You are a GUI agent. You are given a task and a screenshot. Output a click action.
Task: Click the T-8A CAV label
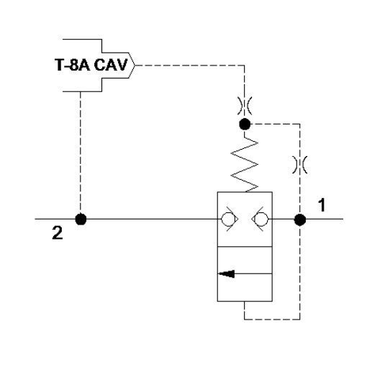click(91, 65)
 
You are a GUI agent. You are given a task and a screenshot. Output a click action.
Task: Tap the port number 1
click(322, 204)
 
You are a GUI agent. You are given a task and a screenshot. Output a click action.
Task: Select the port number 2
click(58, 232)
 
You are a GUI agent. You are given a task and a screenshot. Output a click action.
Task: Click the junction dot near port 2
click(81, 219)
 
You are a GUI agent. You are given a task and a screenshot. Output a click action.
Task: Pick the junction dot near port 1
click(300, 219)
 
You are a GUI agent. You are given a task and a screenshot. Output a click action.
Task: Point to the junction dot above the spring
click(245, 124)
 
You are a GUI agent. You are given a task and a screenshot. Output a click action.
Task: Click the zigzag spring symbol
click(245, 164)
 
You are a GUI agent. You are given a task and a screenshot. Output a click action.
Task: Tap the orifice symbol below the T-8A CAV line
click(245, 106)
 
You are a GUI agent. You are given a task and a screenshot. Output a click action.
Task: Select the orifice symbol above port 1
click(300, 165)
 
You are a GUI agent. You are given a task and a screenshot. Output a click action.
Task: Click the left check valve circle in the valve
click(227, 219)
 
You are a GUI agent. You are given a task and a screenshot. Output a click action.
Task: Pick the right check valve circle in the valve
click(261, 219)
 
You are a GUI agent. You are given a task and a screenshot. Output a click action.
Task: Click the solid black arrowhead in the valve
click(226, 273)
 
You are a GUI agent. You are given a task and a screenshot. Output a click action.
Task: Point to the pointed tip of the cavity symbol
click(135, 65)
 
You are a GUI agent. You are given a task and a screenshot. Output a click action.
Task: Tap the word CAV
click(111, 65)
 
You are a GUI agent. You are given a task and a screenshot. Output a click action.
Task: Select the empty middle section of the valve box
click(245, 260)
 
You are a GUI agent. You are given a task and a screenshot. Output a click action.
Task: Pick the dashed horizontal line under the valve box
click(272, 320)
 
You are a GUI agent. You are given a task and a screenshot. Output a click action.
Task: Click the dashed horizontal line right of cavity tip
click(190, 65)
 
